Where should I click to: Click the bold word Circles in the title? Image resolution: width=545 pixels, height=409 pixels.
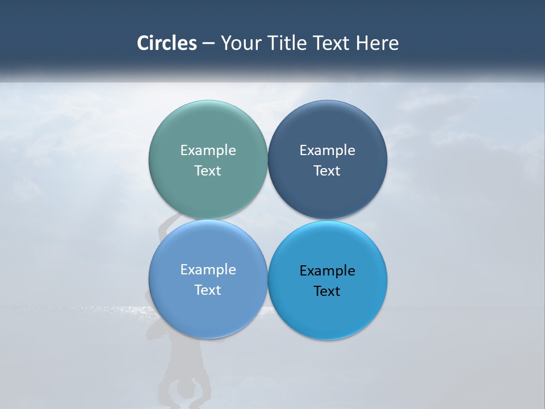point(167,43)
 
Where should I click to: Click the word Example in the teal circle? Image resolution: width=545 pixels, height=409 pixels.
point(208,150)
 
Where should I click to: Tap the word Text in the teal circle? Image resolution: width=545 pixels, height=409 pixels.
point(208,170)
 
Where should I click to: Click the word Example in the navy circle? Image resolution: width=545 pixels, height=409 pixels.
point(327,150)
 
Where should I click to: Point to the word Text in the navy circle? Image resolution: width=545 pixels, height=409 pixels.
point(327,170)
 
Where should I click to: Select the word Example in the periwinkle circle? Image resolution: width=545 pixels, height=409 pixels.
point(208,269)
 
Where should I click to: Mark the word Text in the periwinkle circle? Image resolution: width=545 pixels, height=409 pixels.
point(208,290)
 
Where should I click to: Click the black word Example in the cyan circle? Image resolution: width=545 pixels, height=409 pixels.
point(327,270)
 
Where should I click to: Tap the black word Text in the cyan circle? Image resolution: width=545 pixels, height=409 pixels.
point(327,291)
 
